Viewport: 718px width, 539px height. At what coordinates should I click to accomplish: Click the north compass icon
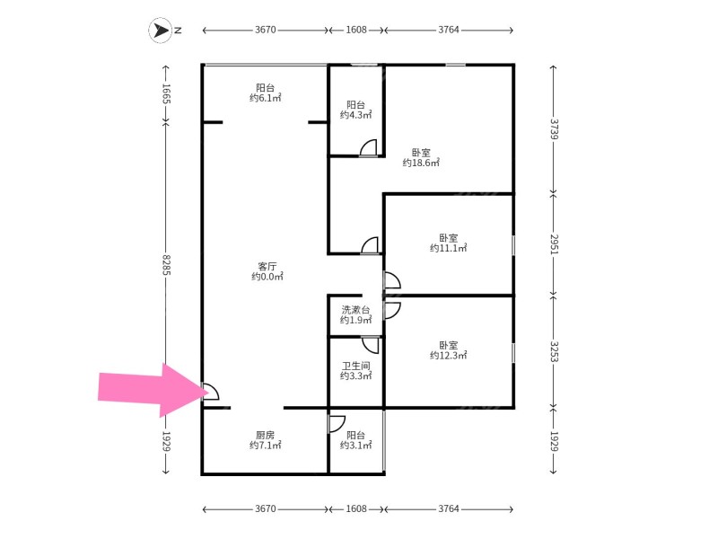[160, 31]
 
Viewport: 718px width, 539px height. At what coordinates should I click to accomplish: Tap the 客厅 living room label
[267, 267]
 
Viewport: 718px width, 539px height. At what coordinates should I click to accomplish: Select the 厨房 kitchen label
[265, 434]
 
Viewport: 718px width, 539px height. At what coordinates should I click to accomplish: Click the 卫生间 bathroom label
[355, 366]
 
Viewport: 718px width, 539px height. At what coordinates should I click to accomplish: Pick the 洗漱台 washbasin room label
[355, 310]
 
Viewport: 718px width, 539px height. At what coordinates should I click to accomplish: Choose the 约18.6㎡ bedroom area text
[421, 163]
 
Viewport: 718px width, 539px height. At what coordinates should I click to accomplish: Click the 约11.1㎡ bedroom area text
[448, 248]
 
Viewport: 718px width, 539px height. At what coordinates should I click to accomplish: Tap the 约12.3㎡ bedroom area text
[448, 356]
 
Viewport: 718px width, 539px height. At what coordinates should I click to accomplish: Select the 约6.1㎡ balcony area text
[265, 98]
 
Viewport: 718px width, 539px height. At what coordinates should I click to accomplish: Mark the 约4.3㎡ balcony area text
[355, 115]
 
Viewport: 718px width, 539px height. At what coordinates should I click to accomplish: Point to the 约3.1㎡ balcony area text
[355, 446]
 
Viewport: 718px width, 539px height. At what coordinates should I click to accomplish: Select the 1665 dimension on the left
[166, 93]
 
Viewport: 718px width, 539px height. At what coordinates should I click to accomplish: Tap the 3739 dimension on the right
[553, 128]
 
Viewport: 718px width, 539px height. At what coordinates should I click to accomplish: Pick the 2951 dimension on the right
[553, 244]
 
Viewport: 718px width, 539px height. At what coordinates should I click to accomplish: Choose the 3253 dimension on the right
[553, 350]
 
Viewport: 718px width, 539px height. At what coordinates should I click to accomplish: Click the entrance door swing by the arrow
[210, 392]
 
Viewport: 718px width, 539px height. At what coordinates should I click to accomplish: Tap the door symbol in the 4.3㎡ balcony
[368, 149]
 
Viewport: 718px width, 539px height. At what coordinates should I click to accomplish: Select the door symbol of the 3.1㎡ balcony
[337, 424]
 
